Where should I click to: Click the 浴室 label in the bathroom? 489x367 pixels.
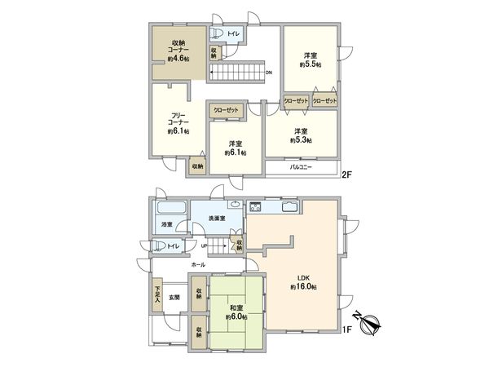[x=166, y=223]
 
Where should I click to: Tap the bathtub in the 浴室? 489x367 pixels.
[x=169, y=208]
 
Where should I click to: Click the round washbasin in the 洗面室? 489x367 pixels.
[x=234, y=205]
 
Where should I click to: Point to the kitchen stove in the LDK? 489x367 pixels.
[x=255, y=206]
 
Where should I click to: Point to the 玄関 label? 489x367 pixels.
[x=174, y=298]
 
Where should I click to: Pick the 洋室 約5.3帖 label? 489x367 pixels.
[x=300, y=135]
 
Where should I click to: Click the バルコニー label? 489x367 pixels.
[x=305, y=169]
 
